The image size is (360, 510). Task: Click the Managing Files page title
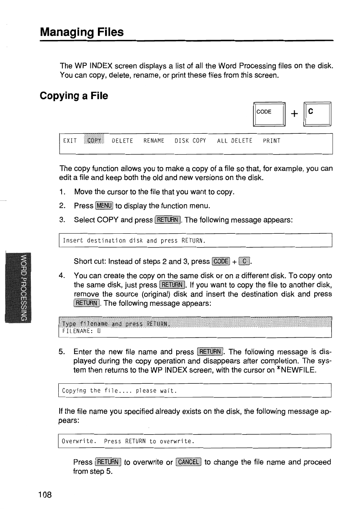click(x=82, y=32)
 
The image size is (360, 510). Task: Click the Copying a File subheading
click(x=74, y=96)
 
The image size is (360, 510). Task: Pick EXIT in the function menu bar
click(x=70, y=141)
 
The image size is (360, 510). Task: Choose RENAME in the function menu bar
click(x=153, y=141)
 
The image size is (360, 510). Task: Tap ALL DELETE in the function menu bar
click(x=235, y=141)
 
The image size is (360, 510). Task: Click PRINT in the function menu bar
click(x=272, y=141)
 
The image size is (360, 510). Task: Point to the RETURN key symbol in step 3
click(x=167, y=220)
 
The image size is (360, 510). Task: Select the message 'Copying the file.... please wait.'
click(x=120, y=390)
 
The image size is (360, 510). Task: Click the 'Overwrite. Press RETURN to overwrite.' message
click(x=127, y=441)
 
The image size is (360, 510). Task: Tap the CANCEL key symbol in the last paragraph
click(x=188, y=462)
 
